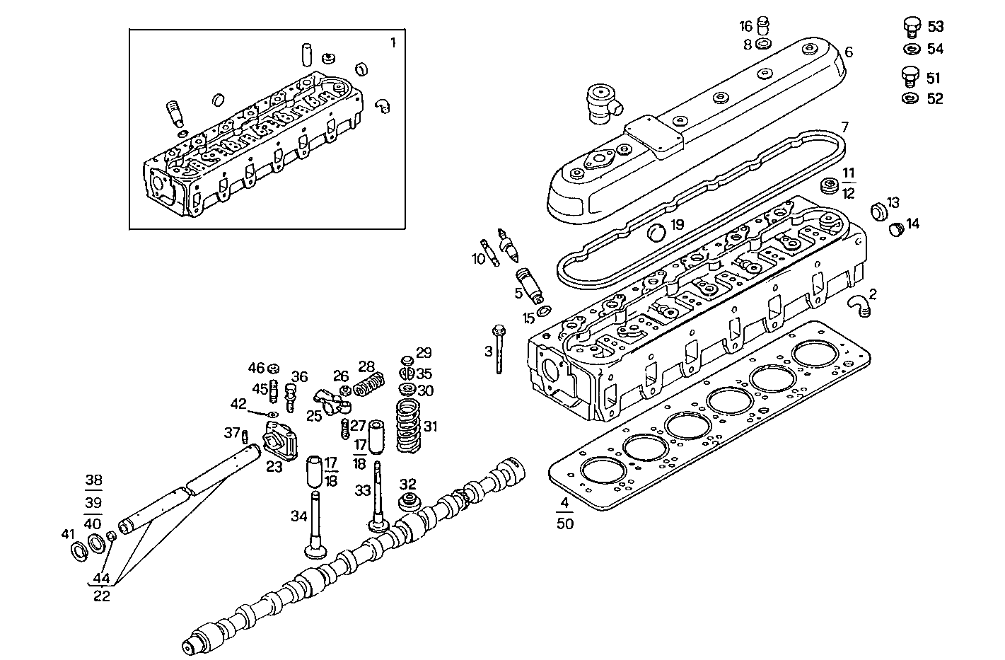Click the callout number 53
935,27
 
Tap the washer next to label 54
911,50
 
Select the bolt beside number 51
911,76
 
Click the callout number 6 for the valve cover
849,52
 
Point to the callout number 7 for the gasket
844,127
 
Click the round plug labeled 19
658,231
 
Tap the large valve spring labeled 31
407,426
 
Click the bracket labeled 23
278,441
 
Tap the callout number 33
362,490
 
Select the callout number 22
102,596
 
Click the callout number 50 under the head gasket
564,523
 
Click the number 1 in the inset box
393,42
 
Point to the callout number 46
255,367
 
